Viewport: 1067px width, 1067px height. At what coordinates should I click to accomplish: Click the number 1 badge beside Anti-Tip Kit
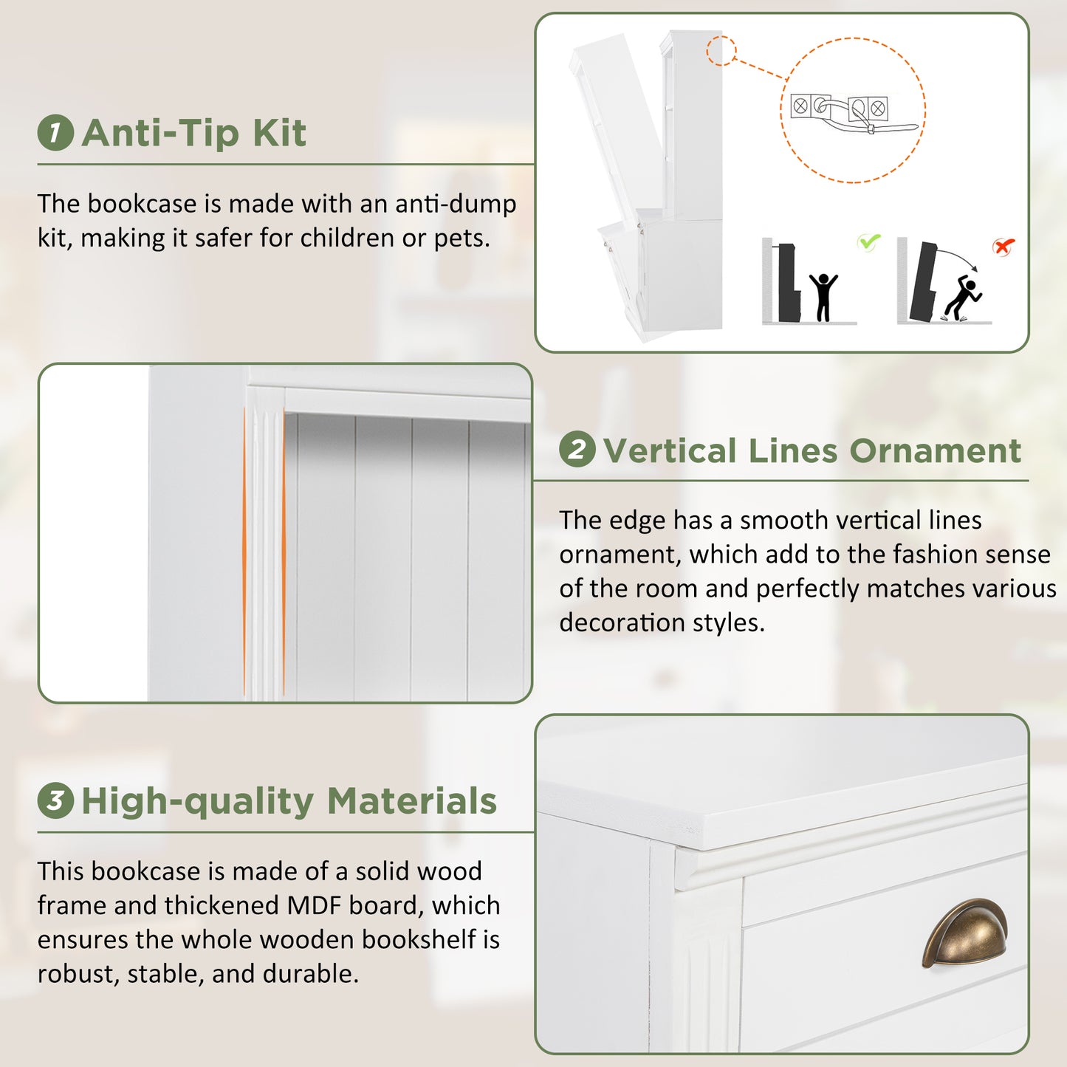55,132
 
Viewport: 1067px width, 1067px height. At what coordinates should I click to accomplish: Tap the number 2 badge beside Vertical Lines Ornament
577,449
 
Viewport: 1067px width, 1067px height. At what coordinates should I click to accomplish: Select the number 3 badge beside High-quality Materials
55,800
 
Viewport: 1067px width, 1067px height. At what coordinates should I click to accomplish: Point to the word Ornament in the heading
936,450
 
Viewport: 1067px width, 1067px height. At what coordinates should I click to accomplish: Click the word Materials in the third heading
412,801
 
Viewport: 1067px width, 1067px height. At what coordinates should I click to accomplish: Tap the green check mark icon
868,241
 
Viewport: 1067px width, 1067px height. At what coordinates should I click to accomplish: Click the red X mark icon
1003,246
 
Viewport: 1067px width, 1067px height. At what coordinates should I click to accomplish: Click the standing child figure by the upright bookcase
823,297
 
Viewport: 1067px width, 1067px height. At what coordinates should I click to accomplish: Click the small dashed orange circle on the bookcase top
721,50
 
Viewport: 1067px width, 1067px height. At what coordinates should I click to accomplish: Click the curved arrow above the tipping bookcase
958,257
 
